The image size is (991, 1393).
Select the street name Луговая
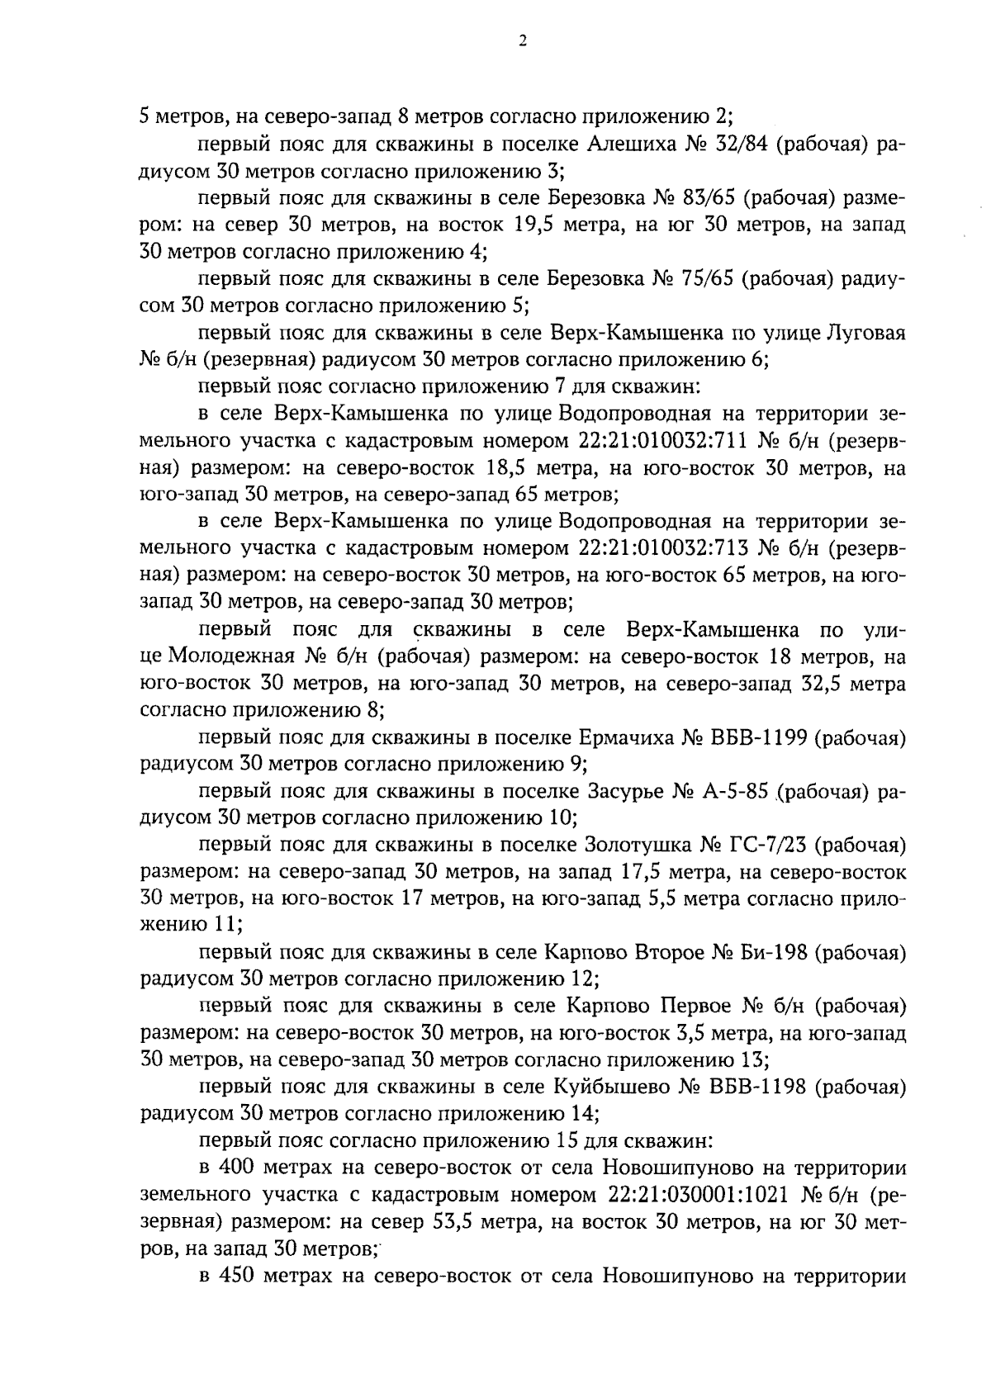(x=865, y=333)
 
